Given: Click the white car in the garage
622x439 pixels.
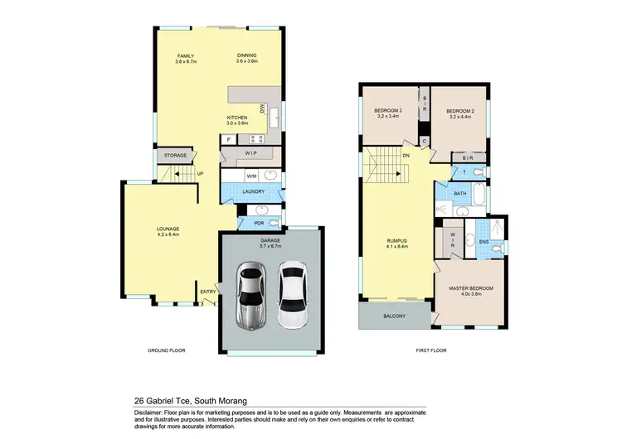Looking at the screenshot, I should coord(291,296).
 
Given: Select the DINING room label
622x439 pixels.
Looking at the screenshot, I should coord(247,55).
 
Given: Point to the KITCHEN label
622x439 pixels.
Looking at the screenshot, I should coord(238,118).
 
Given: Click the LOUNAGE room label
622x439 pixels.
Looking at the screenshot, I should coord(168,229).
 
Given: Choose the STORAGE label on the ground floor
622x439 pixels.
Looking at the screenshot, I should coord(174,155).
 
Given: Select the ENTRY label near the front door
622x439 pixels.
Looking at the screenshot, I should coord(207,291).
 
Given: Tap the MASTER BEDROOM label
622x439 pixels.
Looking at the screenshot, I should coord(470,288).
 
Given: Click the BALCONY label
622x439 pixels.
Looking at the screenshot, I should coord(394,316).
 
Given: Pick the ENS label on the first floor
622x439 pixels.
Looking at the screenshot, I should coord(484,241).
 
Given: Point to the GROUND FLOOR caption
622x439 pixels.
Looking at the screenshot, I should coord(165,350).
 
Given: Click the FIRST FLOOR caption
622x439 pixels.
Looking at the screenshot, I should coord(431,350).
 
